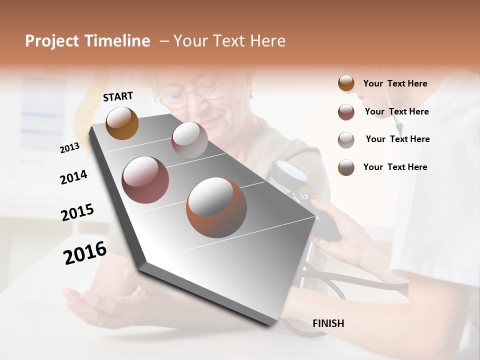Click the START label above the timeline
(x=118, y=96)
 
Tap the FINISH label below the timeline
(x=328, y=323)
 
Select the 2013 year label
(x=69, y=147)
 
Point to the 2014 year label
(x=73, y=177)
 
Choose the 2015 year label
(x=77, y=212)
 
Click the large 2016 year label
(x=85, y=252)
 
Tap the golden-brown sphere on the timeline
(x=122, y=123)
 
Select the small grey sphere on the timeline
(x=189, y=140)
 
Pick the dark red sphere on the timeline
(x=145, y=180)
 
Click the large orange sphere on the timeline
(x=216, y=207)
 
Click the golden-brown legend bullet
(x=346, y=83)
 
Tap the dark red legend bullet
(x=346, y=112)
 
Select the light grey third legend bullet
(x=346, y=139)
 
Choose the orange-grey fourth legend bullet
(x=346, y=167)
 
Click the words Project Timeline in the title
(x=87, y=41)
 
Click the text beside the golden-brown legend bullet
(x=395, y=83)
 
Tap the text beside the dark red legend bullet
(x=396, y=111)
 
